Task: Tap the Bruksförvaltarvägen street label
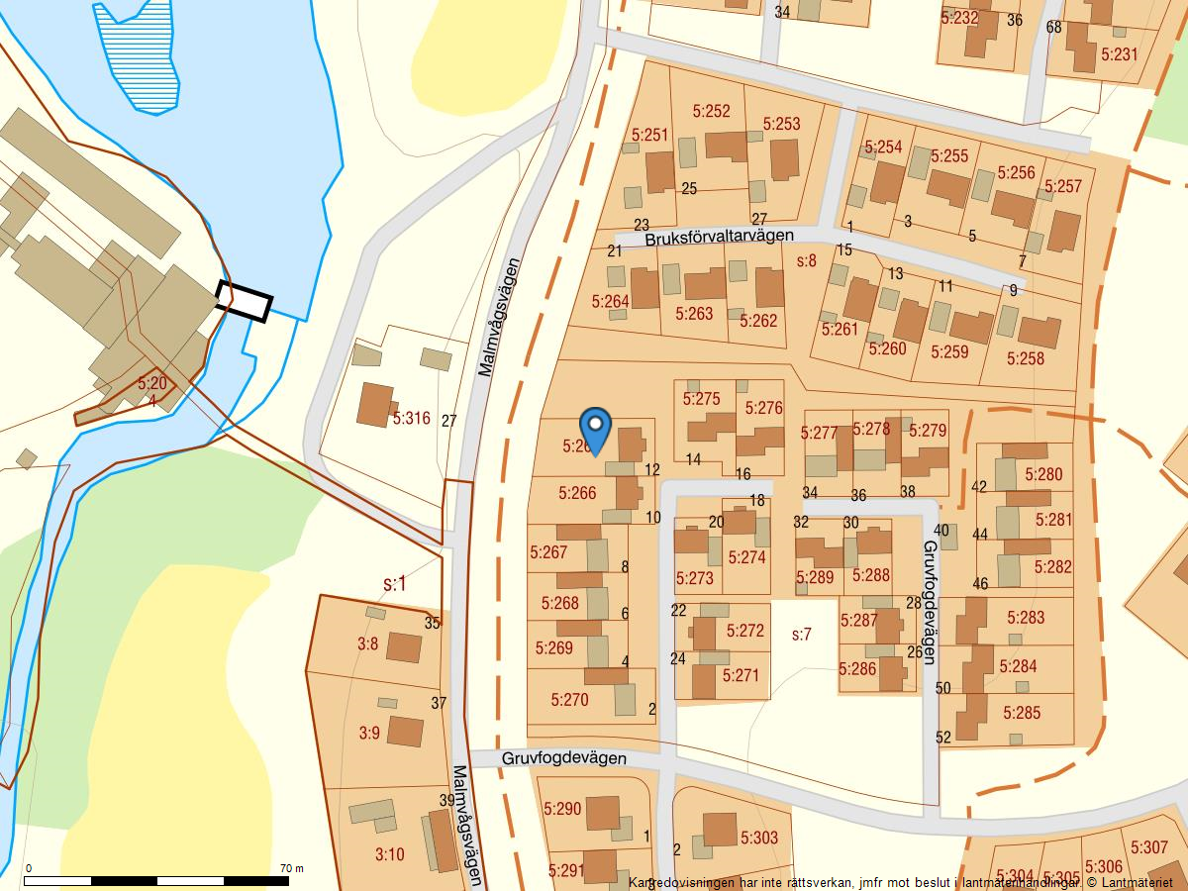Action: [720, 237]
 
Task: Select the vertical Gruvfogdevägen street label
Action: [930, 602]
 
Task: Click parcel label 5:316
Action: [411, 419]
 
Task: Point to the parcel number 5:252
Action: [711, 112]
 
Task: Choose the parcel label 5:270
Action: [569, 700]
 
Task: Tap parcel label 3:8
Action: [367, 643]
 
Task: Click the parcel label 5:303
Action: [758, 839]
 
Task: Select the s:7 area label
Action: [802, 635]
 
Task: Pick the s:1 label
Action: [394, 584]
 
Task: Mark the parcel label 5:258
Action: [1025, 358]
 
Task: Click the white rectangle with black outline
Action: [244, 301]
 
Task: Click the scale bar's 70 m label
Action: [292, 868]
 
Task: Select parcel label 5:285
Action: [1022, 712]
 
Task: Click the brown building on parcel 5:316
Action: [374, 404]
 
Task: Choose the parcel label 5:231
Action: [1119, 54]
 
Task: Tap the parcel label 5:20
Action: [152, 383]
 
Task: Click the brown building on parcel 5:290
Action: [602, 814]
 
